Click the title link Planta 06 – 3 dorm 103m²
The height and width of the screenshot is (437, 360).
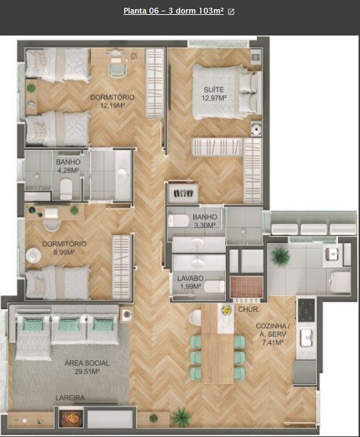pos(173,11)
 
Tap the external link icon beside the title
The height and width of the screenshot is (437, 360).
pos(231,12)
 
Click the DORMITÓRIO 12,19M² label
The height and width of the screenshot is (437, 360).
pos(112,101)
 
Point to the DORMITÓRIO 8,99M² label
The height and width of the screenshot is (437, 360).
pos(64,247)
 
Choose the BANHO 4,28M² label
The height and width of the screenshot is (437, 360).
pos(68,166)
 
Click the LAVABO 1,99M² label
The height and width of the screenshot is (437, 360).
pos(190,283)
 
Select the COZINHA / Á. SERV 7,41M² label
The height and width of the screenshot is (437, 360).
pos(270,334)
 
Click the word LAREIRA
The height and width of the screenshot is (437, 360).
pos(72,399)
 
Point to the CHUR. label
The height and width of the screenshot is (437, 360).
pos(248,310)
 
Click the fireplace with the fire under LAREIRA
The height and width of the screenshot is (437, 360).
pos(70,418)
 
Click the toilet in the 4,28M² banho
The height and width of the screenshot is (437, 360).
pos(66,188)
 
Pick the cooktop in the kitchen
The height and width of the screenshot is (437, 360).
pos(306,308)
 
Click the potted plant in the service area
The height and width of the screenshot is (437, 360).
pos(279,255)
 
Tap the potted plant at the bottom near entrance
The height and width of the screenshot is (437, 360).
pos(182,416)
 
